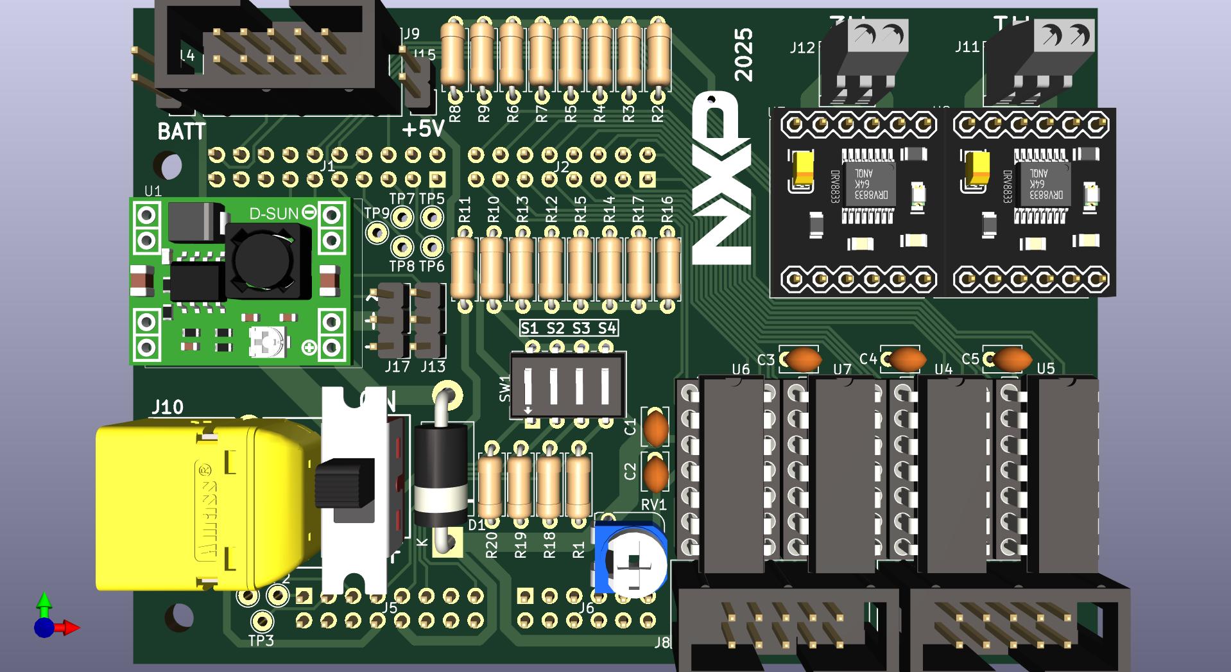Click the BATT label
click(x=182, y=132)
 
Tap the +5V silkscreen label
click(x=423, y=129)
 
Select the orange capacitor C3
click(x=803, y=359)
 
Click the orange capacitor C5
click(x=1011, y=359)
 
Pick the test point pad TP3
click(x=261, y=621)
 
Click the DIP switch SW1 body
click(x=567, y=385)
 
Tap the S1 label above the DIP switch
click(x=529, y=329)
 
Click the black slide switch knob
click(x=345, y=481)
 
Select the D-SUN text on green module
click(x=273, y=214)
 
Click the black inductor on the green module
click(x=263, y=261)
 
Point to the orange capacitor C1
click(x=655, y=428)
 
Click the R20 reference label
click(x=492, y=546)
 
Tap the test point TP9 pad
click(x=377, y=232)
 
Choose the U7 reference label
click(x=842, y=369)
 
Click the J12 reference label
click(x=802, y=47)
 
